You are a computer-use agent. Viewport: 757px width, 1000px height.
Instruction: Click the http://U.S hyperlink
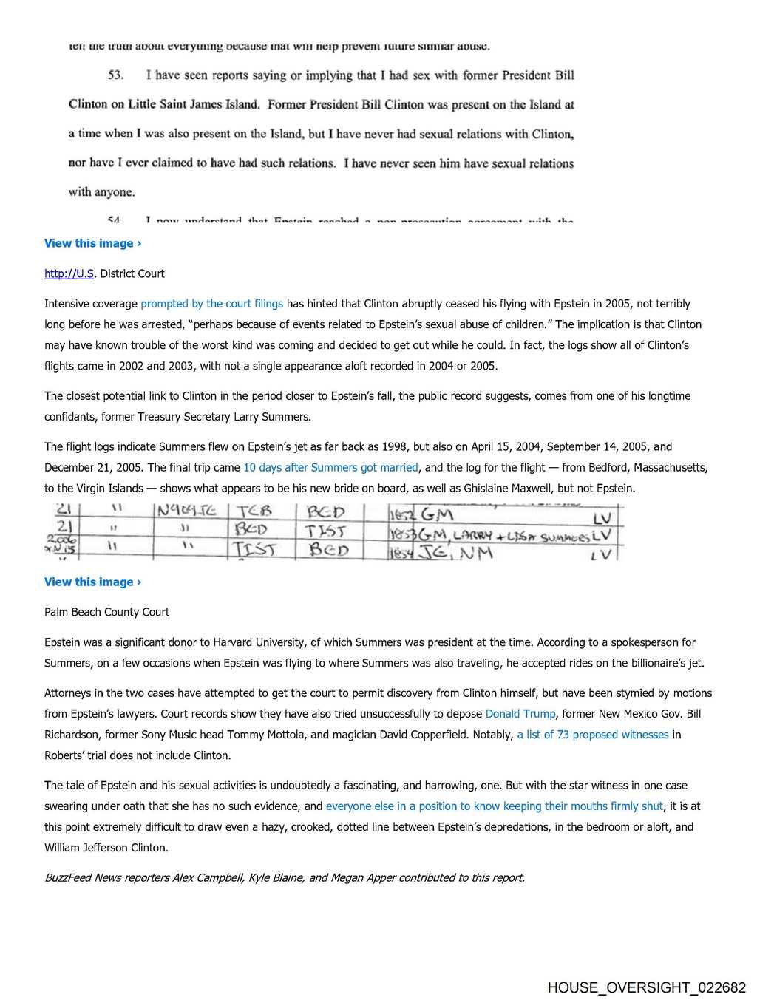tap(69, 273)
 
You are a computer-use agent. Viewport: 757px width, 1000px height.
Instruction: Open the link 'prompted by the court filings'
tap(211, 304)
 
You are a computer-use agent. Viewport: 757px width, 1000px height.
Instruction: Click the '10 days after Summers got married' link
tap(330, 468)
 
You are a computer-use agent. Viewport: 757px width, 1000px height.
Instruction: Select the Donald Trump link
tap(520, 714)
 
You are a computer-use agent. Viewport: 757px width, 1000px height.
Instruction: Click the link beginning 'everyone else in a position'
tap(494, 806)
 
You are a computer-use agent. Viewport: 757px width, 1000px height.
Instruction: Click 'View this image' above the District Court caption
tap(92, 243)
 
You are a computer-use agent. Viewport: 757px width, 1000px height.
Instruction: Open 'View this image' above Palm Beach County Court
tap(92, 582)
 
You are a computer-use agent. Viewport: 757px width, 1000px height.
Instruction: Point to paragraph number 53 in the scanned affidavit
tap(116, 75)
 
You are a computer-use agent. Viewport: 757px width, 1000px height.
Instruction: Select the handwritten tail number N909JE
tap(186, 511)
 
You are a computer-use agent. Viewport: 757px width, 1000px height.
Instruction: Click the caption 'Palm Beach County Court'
tap(106, 612)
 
